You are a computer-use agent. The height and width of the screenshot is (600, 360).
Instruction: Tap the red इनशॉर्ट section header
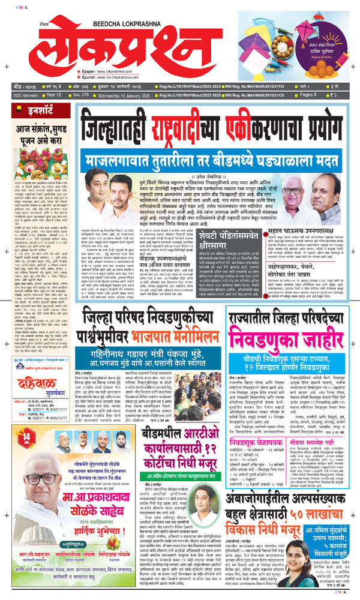[26, 110]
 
